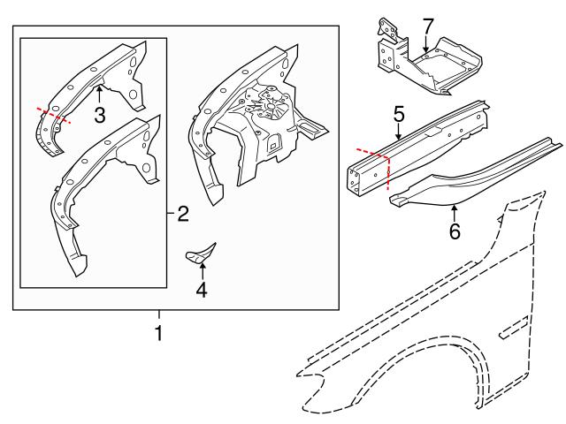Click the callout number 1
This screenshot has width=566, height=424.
(159, 334)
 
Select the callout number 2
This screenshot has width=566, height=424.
(182, 213)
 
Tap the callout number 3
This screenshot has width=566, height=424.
(99, 115)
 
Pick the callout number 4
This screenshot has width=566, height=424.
(202, 289)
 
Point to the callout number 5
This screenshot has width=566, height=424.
(399, 114)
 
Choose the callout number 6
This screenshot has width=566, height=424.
(455, 232)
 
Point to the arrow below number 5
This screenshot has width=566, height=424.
(399, 134)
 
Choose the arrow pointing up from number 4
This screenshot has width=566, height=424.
(202, 269)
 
